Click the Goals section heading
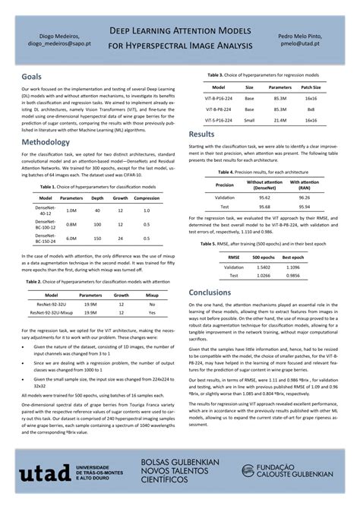tap(32, 77)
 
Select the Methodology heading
tap(46, 142)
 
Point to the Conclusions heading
tap(210, 292)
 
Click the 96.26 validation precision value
tap(305, 197)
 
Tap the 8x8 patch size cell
tap(311, 109)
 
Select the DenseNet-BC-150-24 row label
tap(45, 238)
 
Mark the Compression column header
tap(147, 198)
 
